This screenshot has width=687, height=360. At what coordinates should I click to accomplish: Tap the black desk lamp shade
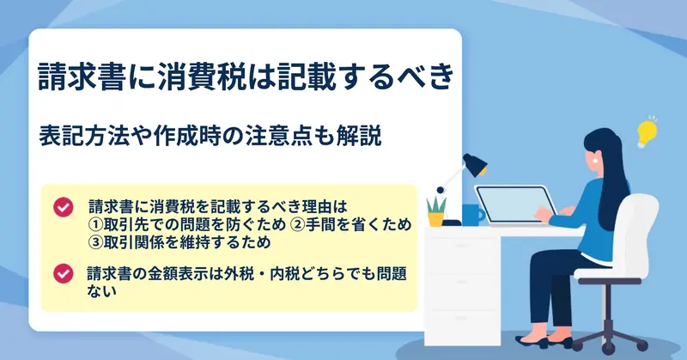pyautogui.click(x=475, y=164)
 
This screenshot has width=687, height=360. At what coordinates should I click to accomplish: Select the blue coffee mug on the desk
pyautogui.click(x=472, y=215)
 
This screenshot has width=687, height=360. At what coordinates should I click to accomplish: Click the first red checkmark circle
pyautogui.click(x=64, y=207)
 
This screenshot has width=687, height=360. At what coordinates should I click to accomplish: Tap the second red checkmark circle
pyautogui.click(x=64, y=273)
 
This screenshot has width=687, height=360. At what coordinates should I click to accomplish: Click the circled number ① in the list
pyautogui.click(x=95, y=224)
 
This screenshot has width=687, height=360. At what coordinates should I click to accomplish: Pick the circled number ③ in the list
pyautogui.click(x=95, y=242)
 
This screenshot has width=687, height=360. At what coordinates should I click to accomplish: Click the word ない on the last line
pyautogui.click(x=101, y=291)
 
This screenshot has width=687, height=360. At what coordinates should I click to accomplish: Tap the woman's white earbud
pyautogui.click(x=596, y=161)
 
